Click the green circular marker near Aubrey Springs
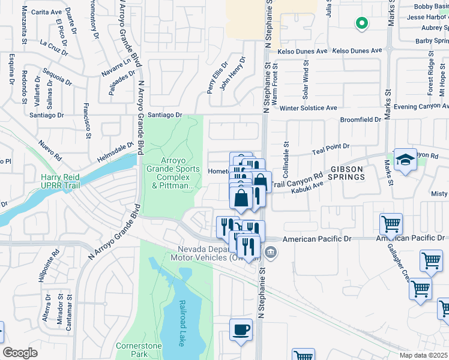tap(361, 24)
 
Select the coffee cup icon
tap(241, 331)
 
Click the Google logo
tap(20, 353)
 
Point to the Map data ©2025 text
tap(423, 355)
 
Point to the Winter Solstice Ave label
tap(308, 108)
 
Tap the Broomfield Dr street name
tap(360, 119)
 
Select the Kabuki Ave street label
tap(307, 187)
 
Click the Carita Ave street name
tap(47, 11)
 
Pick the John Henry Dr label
tap(233, 74)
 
